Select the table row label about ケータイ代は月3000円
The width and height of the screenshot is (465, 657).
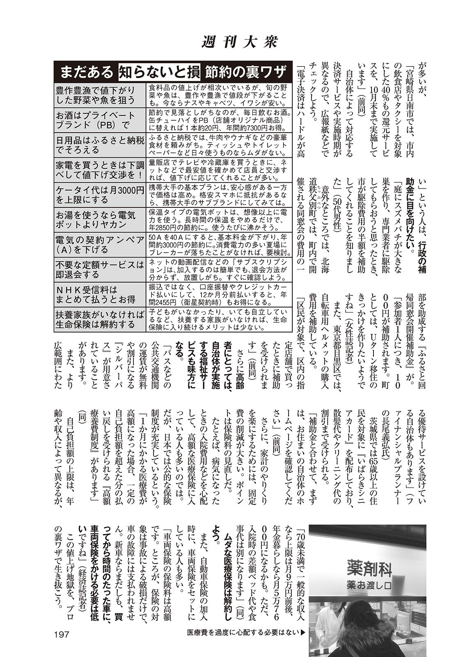[x=100, y=195]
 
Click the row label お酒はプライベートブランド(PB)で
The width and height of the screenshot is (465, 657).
[x=100, y=119]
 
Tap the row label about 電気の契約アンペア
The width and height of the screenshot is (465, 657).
[x=100, y=244]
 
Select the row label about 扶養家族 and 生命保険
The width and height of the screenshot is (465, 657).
[x=100, y=320]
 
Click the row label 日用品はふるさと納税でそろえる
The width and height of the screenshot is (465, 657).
[x=100, y=145]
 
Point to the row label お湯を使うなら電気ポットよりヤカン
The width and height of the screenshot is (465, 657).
[x=100, y=220]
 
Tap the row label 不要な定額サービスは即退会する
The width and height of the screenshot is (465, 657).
[x=100, y=270]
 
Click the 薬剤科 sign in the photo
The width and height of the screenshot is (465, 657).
[x=369, y=569]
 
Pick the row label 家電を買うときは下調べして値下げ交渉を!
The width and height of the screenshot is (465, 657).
[x=100, y=170]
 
